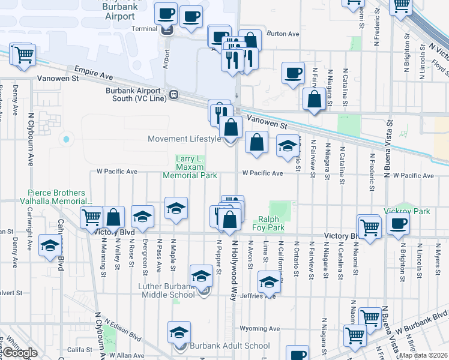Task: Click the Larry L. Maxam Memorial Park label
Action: tap(190, 167)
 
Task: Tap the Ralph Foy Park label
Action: tap(271, 223)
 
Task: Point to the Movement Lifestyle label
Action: tap(185, 139)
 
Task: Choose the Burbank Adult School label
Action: tap(230, 346)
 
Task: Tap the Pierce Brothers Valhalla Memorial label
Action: tap(56, 197)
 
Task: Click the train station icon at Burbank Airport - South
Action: tap(173, 94)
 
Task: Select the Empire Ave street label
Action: tap(94, 73)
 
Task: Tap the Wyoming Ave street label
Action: tap(260, 329)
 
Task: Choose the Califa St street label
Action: tap(78, 349)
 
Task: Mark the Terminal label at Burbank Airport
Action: tap(144, 29)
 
